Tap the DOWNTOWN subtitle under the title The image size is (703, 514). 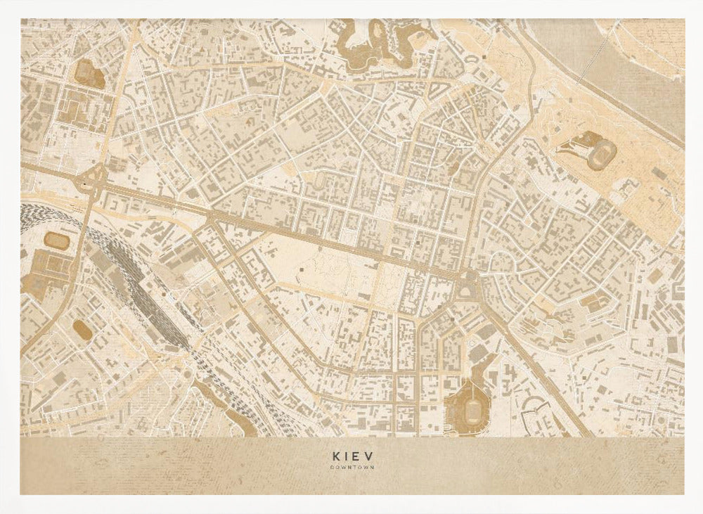coord(351,466)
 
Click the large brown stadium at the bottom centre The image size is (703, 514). coord(466,409)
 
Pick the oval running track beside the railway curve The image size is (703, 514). coord(56,240)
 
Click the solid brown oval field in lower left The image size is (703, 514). coord(82,330)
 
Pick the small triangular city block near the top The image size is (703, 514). coord(439,90)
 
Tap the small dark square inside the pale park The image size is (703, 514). coord(302,268)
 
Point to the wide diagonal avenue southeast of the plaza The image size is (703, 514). coord(534,359)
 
